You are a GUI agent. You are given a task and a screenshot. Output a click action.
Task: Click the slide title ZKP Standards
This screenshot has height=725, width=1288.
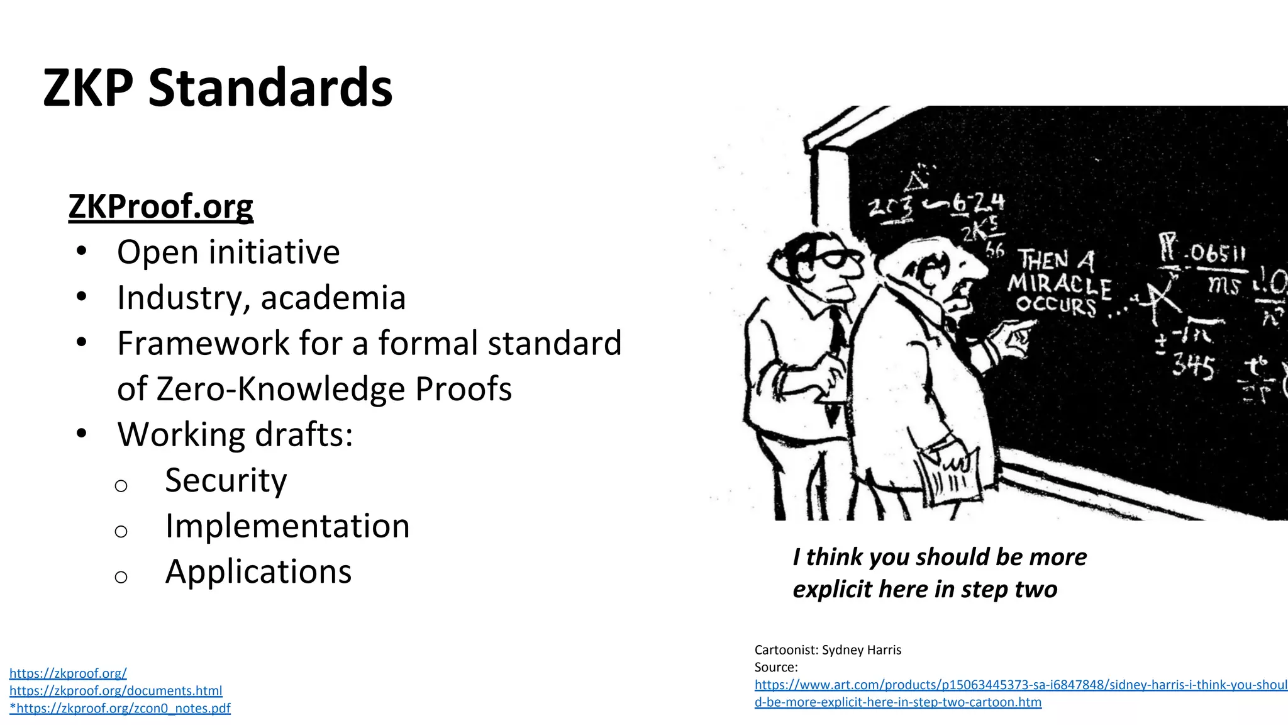click(x=218, y=87)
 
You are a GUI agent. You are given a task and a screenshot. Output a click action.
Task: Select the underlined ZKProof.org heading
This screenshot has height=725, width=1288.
click(x=160, y=206)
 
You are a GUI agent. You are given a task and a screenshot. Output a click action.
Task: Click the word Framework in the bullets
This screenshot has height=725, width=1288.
click(x=203, y=344)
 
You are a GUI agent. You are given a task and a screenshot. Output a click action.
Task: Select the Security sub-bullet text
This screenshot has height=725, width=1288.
click(x=226, y=481)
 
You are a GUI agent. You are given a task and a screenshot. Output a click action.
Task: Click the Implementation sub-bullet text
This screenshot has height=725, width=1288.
click(x=287, y=526)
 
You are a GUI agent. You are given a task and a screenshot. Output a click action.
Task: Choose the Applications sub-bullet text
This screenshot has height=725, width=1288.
click(x=258, y=572)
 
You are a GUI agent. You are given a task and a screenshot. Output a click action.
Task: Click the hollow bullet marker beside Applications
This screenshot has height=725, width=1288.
click(x=121, y=576)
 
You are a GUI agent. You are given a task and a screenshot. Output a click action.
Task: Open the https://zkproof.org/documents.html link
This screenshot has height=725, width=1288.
click(x=116, y=691)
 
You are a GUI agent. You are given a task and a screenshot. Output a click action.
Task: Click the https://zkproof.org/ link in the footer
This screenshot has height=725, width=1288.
click(x=68, y=673)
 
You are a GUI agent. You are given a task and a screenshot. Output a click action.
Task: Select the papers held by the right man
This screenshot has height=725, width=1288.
click(x=947, y=475)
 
